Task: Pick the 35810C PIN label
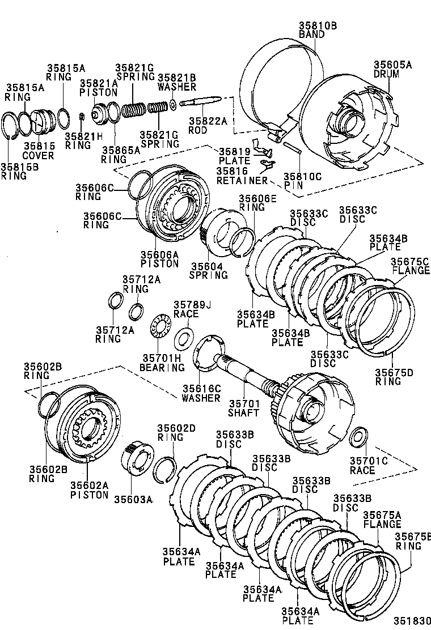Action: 302,181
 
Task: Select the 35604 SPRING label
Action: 209,270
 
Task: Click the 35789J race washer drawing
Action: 184,339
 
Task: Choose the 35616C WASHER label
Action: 201,393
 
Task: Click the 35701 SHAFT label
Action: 243,408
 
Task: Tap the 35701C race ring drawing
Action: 358,438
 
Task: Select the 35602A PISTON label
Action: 89,489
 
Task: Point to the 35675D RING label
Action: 394,376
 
